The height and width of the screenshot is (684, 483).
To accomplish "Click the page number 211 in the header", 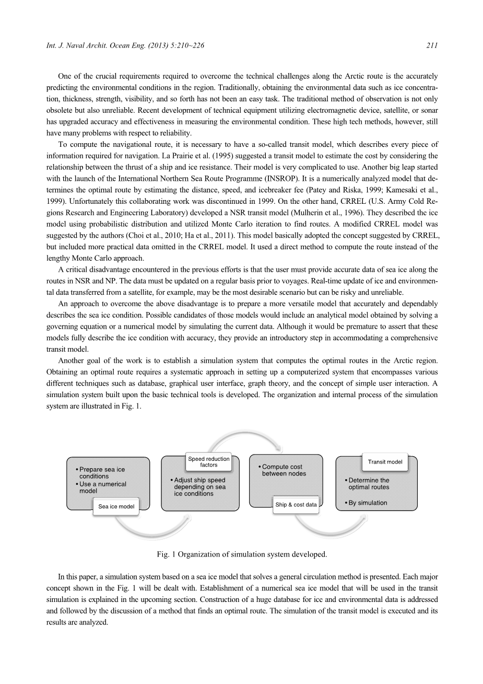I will [x=431, y=46].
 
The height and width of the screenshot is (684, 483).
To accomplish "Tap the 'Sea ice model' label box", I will [x=116, y=506].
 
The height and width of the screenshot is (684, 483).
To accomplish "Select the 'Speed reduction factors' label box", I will [x=208, y=462].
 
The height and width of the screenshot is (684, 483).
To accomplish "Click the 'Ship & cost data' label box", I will [x=296, y=505].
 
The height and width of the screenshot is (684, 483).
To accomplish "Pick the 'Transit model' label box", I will [x=385, y=462].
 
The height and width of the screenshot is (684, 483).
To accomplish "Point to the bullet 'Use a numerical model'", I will [x=102, y=488].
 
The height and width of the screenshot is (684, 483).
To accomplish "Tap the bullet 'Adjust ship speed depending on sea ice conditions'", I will [x=199, y=487].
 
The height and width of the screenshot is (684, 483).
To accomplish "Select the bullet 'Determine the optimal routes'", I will [x=369, y=484].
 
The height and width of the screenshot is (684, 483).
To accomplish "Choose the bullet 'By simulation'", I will [x=368, y=503].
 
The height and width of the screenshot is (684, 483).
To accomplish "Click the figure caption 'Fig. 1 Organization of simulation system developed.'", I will [x=242, y=554].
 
